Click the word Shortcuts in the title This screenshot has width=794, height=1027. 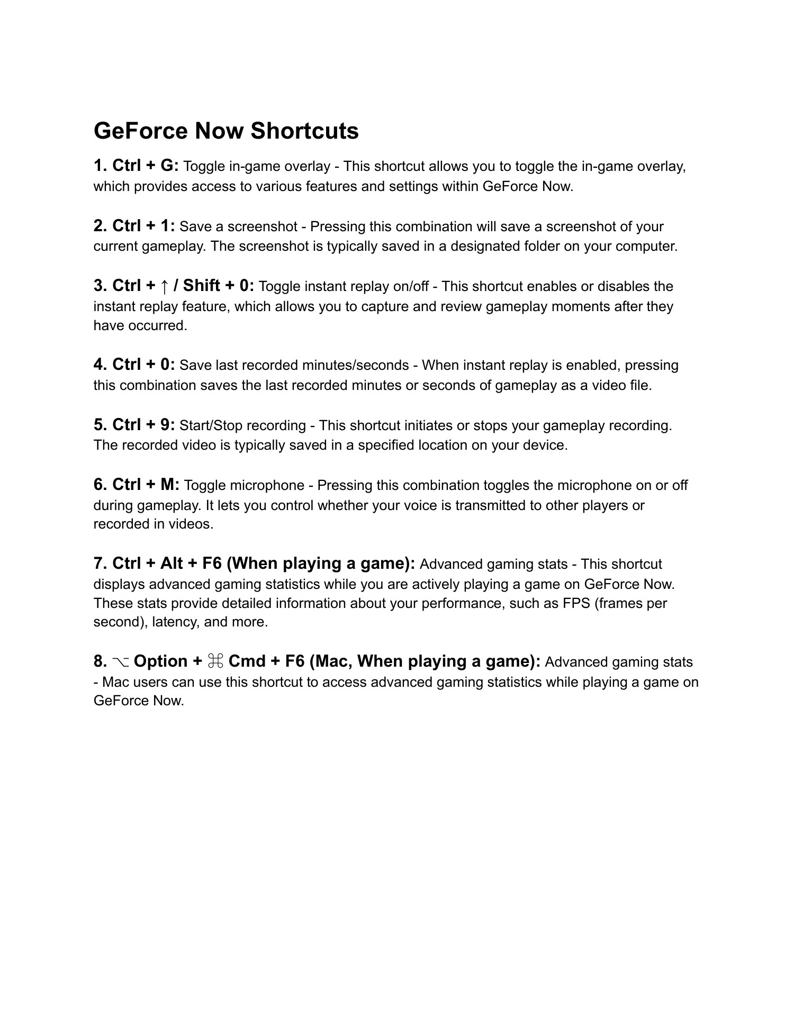click(x=304, y=131)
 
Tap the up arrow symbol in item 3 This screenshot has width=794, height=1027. click(x=165, y=286)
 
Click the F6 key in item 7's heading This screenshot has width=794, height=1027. click(x=212, y=564)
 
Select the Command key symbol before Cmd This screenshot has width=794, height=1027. click(x=215, y=661)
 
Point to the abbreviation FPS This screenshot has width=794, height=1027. click(x=576, y=603)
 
